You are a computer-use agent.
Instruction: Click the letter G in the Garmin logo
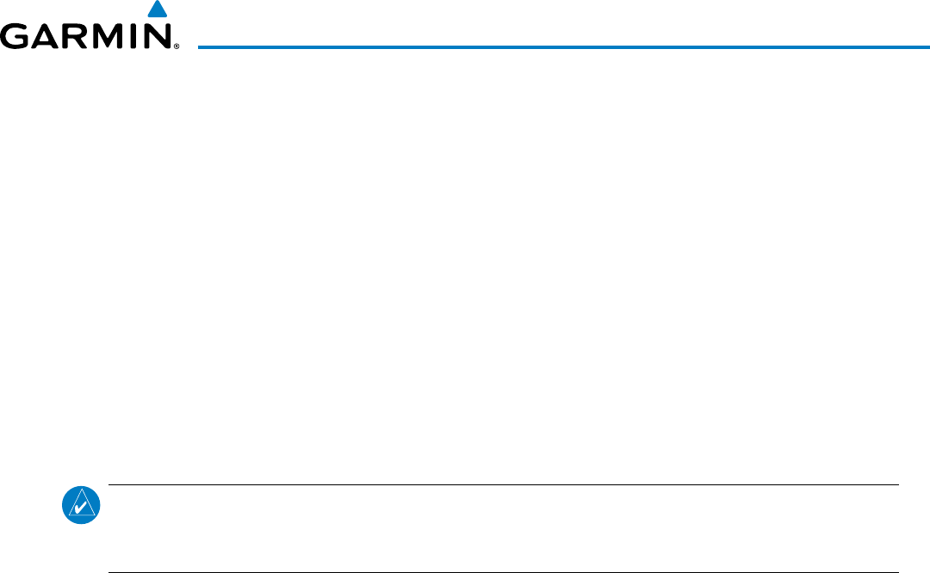15,38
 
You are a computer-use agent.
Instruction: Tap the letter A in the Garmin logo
44,38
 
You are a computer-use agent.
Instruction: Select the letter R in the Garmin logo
74,38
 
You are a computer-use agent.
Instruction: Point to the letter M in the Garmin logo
107,38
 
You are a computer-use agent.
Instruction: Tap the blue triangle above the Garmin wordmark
156,10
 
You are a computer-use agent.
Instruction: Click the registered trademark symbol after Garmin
176,46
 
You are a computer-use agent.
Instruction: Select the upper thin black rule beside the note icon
503,484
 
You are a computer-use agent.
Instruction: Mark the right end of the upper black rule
897,484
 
